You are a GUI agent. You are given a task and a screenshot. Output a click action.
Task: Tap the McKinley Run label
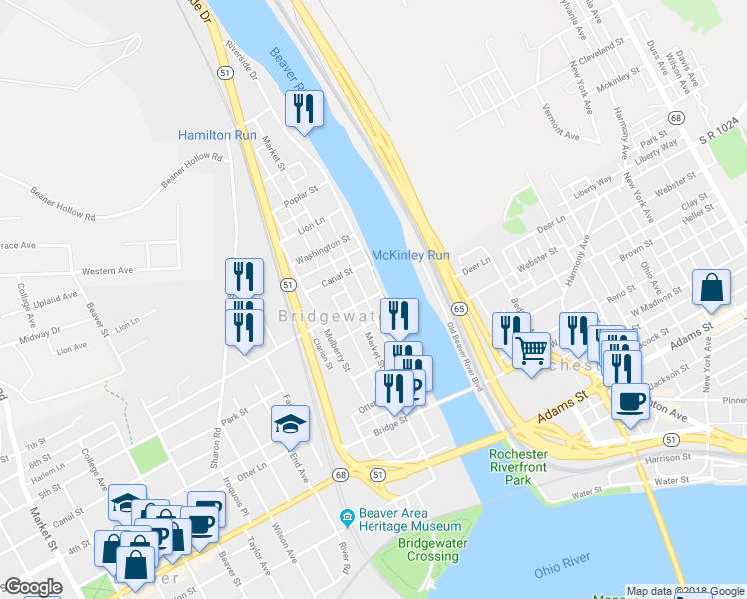(x=411, y=256)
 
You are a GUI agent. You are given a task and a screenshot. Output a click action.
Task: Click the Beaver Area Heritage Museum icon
(x=348, y=517)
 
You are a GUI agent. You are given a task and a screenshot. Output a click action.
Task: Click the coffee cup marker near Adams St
(x=629, y=402)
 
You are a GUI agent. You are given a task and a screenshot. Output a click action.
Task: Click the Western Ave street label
(x=107, y=271)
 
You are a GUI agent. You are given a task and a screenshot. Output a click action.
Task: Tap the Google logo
(x=32, y=587)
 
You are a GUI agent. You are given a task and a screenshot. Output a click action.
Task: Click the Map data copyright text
(x=685, y=591)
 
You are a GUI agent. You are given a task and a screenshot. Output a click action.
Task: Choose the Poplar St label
(x=298, y=192)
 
